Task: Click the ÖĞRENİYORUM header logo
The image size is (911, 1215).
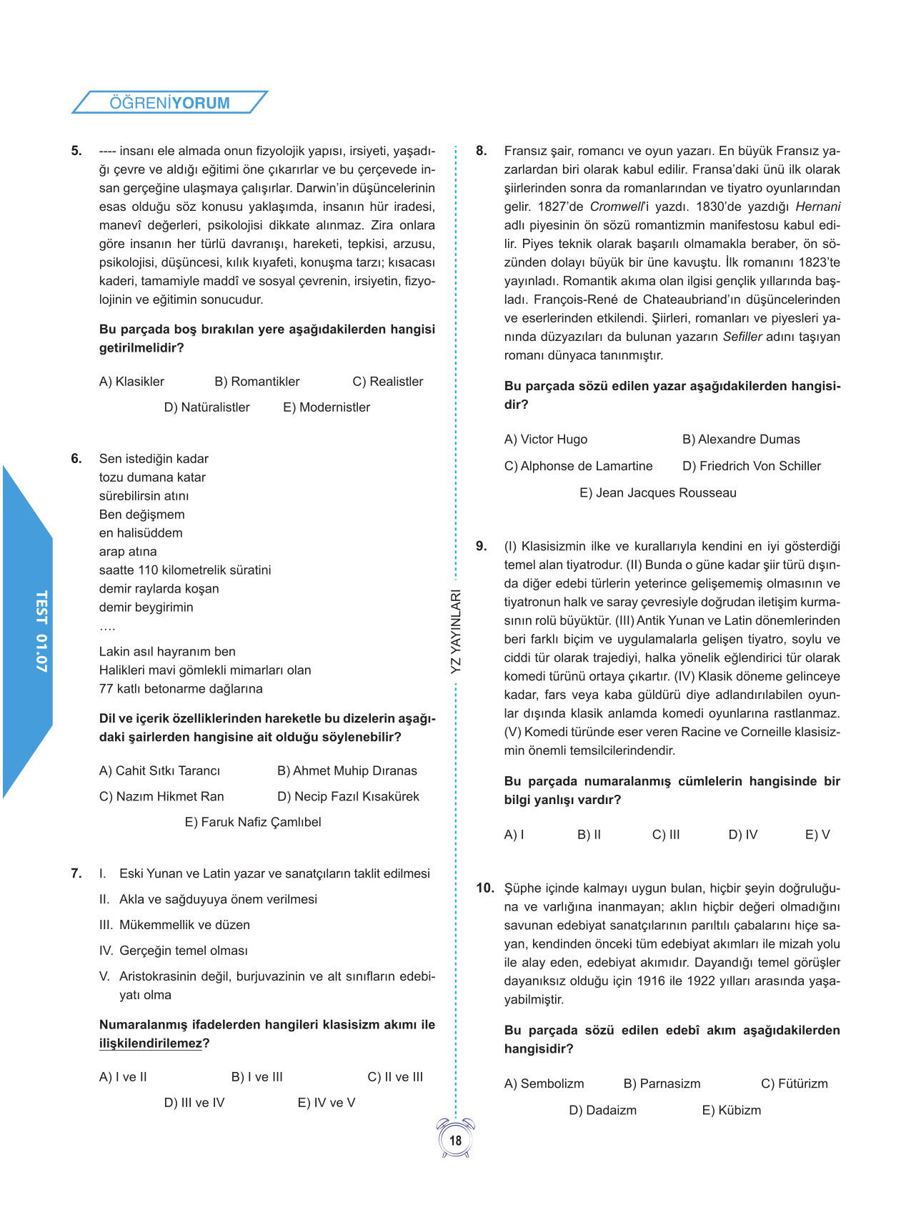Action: tap(170, 103)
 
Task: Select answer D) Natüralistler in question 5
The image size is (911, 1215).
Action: tap(206, 407)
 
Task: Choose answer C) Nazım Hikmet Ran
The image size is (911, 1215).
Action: tap(161, 796)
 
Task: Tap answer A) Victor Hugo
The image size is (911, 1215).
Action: tap(545, 440)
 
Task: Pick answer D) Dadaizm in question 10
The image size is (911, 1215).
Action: tap(602, 1110)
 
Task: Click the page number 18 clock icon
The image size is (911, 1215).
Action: tap(456, 1139)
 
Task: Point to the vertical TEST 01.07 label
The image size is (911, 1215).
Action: tap(41, 631)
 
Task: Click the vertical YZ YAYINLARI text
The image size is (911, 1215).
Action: tap(456, 631)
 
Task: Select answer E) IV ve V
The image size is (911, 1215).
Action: tap(326, 1103)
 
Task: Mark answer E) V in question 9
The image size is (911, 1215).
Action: tap(817, 835)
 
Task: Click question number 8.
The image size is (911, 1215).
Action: tap(482, 151)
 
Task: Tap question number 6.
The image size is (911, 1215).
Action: tap(76, 459)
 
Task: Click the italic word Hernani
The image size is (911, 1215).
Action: tap(817, 207)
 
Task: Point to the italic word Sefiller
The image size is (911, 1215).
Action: tap(742, 337)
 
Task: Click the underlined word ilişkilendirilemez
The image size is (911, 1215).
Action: tap(151, 1043)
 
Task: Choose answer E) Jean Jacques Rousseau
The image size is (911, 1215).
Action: tap(657, 492)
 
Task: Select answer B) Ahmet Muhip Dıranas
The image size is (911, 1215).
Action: tap(347, 770)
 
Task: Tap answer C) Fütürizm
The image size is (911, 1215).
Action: tap(794, 1083)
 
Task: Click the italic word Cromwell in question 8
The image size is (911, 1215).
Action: tap(617, 207)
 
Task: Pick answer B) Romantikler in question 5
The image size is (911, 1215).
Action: tap(257, 382)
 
